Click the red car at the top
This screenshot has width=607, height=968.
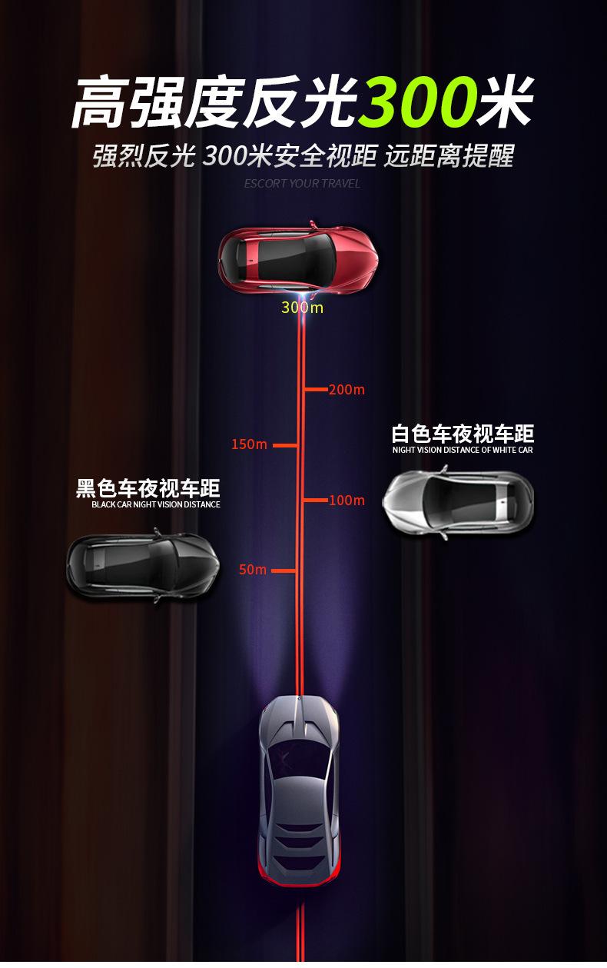click(298, 260)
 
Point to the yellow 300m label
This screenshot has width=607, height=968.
click(302, 308)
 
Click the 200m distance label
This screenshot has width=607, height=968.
click(347, 390)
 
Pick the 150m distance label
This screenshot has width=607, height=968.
click(249, 444)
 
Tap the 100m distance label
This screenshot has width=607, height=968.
click(347, 501)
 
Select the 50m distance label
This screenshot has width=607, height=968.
click(253, 570)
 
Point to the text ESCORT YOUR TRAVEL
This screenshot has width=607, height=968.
click(302, 184)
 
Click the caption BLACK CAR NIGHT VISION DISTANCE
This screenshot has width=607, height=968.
click(156, 504)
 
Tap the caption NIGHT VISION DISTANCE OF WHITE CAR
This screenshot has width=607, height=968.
click(463, 450)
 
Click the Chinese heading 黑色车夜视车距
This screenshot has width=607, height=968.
click(148, 488)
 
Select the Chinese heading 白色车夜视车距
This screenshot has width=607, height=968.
click(463, 434)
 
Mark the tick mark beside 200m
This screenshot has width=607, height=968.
click(315, 389)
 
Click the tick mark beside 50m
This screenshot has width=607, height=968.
click(284, 570)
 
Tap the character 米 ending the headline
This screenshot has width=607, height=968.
click(504, 102)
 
